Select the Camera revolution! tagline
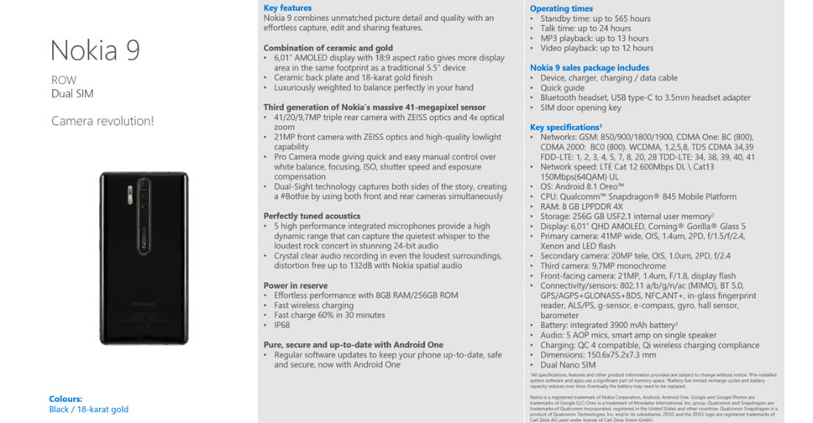coord(102,121)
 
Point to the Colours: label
coord(66,399)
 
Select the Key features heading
coord(287,8)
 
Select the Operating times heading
coord(561,8)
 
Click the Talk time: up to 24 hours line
coord(585,29)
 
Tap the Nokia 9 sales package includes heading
coord(589,68)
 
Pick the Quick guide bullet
coord(563,88)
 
